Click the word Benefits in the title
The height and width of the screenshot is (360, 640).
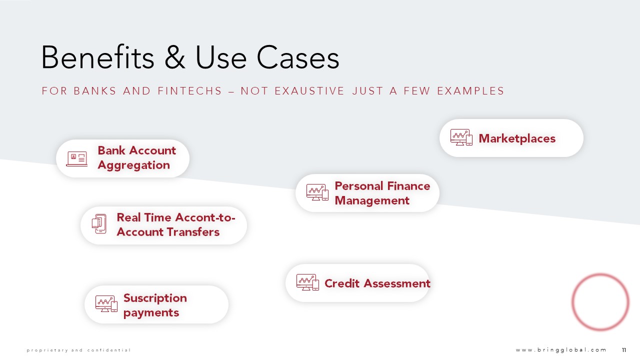pyautogui.click(x=97, y=57)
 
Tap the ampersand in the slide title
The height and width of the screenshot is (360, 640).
pyautogui.click(x=175, y=57)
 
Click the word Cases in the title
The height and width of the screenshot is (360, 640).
pyautogui.click(x=297, y=57)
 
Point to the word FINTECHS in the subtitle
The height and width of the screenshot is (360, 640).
pyautogui.click(x=189, y=91)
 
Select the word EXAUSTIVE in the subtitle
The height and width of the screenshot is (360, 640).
pyautogui.click(x=309, y=91)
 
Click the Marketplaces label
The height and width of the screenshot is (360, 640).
pyautogui.click(x=517, y=138)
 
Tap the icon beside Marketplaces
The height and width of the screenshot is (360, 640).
pyautogui.click(x=461, y=137)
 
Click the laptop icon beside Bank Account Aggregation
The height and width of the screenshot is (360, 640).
pyautogui.click(x=77, y=159)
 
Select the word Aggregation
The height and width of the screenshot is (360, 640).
pyautogui.click(x=133, y=165)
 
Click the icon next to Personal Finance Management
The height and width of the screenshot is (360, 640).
pyautogui.click(x=317, y=192)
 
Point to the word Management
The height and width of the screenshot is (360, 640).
pyautogui.click(x=372, y=201)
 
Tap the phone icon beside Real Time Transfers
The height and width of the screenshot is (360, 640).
pyautogui.click(x=99, y=223)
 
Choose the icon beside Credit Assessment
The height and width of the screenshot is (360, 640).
pyautogui.click(x=307, y=282)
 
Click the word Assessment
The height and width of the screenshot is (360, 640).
pyautogui.click(x=397, y=283)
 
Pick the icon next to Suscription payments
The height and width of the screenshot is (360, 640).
pyautogui.click(x=106, y=303)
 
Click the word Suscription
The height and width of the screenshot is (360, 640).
pyautogui.click(x=155, y=298)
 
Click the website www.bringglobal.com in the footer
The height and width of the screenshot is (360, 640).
pyautogui.click(x=561, y=349)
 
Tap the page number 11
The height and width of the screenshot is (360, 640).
pyautogui.click(x=624, y=350)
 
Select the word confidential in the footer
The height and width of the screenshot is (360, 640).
pyautogui.click(x=109, y=350)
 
